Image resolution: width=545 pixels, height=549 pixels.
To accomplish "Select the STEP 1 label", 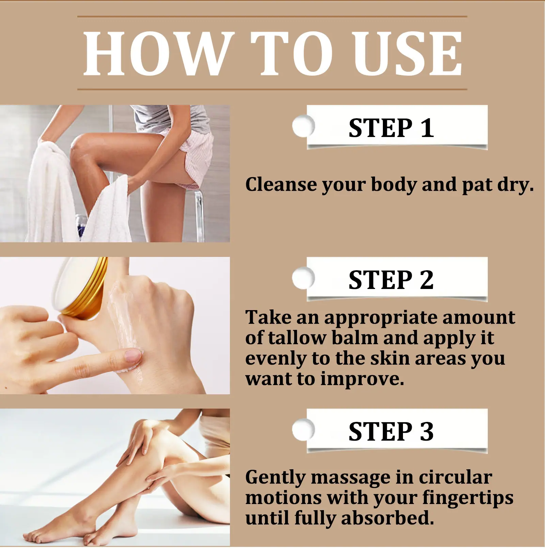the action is point(391,128).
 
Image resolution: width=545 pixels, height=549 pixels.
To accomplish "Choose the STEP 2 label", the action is point(391,280).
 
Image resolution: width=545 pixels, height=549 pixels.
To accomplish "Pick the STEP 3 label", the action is point(391,431).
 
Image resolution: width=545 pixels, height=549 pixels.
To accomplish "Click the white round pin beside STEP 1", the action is point(303,126).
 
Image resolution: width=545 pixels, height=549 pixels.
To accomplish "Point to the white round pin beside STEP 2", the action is point(303,278).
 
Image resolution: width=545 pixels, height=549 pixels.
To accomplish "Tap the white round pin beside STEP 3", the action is point(303,429).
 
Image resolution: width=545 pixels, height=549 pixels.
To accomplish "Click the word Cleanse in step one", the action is point(281,184).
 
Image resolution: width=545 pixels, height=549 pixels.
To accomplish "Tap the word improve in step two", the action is point(362,379).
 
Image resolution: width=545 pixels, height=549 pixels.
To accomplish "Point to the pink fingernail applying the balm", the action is point(133,355).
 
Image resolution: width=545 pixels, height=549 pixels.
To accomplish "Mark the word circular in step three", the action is point(455,477).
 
